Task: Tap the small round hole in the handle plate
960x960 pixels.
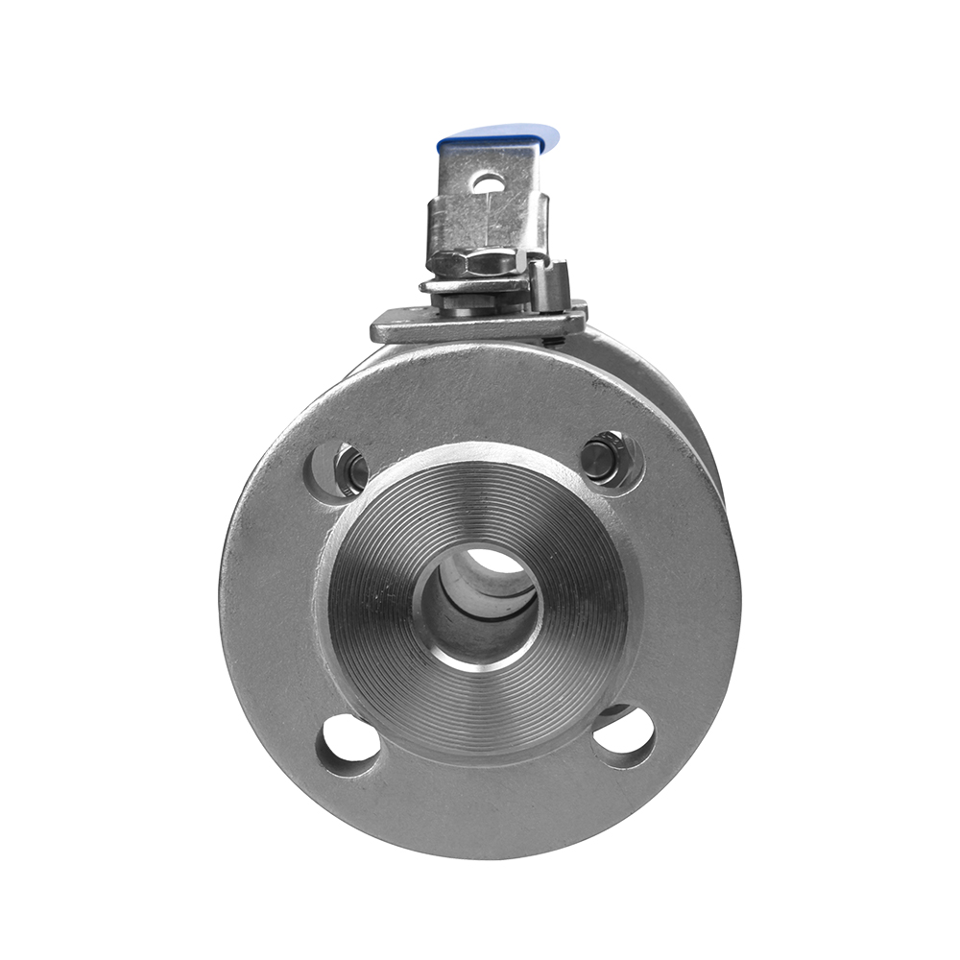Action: pos(488,181)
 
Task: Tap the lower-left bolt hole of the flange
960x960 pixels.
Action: pos(348,744)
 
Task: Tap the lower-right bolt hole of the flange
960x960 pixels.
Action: pos(624,737)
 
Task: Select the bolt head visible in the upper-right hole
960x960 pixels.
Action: pos(603,458)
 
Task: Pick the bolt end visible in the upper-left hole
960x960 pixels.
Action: pos(353,470)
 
